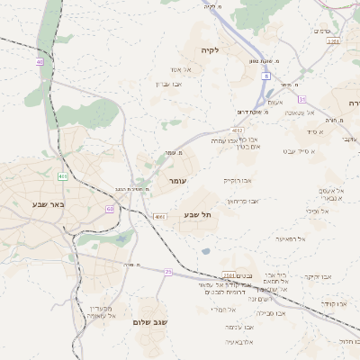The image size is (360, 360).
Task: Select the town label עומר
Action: click(176, 181)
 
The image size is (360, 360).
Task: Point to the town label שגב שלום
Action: click(150, 321)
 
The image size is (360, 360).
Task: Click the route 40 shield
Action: click(40, 62)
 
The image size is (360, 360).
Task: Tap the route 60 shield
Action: click(110, 209)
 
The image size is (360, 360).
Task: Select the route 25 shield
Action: click(167, 271)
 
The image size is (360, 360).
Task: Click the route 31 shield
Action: click(302, 99)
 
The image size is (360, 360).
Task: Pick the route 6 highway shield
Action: click(266, 76)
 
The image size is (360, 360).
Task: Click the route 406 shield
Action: click(63, 176)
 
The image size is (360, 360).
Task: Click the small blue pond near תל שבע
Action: click(207, 251)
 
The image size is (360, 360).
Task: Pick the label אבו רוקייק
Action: click(239, 181)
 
